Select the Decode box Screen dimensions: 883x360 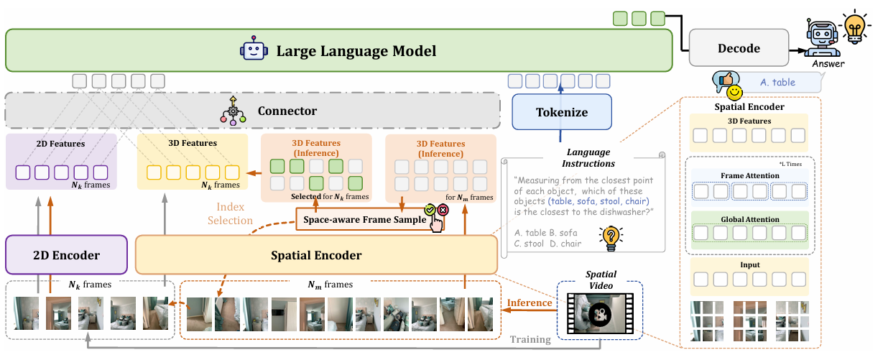(739, 47)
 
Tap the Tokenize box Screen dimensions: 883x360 (562, 112)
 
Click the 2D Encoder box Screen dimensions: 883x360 (66, 254)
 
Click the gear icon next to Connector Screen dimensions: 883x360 (233, 111)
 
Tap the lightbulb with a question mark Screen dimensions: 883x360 (611, 238)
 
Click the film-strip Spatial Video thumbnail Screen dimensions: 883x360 (600, 313)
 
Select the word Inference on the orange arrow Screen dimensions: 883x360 (530, 303)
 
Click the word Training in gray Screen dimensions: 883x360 (530, 339)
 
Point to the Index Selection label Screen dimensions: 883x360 (230, 213)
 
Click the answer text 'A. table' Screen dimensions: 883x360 (777, 83)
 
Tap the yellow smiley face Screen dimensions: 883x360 (734, 93)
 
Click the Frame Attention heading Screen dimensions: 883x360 (750, 175)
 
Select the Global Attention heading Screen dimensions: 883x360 (750, 219)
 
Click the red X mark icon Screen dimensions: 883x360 (443, 210)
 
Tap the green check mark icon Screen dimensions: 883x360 (430, 210)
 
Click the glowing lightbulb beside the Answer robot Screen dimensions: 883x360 (854, 27)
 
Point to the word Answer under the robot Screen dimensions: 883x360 (828, 63)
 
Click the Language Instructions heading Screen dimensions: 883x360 (588, 157)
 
